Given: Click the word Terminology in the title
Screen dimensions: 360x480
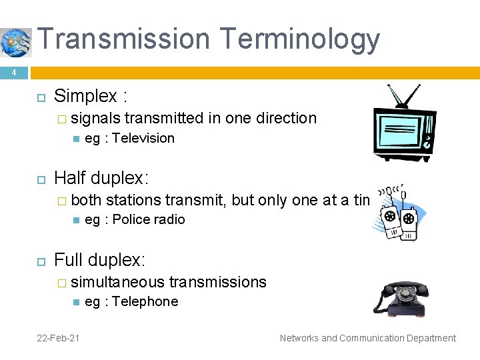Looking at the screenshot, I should [x=297, y=40].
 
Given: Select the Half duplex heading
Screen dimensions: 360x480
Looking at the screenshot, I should [x=101, y=178].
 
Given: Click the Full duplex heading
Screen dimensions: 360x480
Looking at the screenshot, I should [x=99, y=259].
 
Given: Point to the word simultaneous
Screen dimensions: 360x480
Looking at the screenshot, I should [x=118, y=283].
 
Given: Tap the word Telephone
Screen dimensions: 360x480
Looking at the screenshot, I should [x=145, y=302].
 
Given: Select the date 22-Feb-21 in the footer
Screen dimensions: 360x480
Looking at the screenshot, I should [x=58, y=338].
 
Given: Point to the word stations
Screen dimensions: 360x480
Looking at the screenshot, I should [x=133, y=200].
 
